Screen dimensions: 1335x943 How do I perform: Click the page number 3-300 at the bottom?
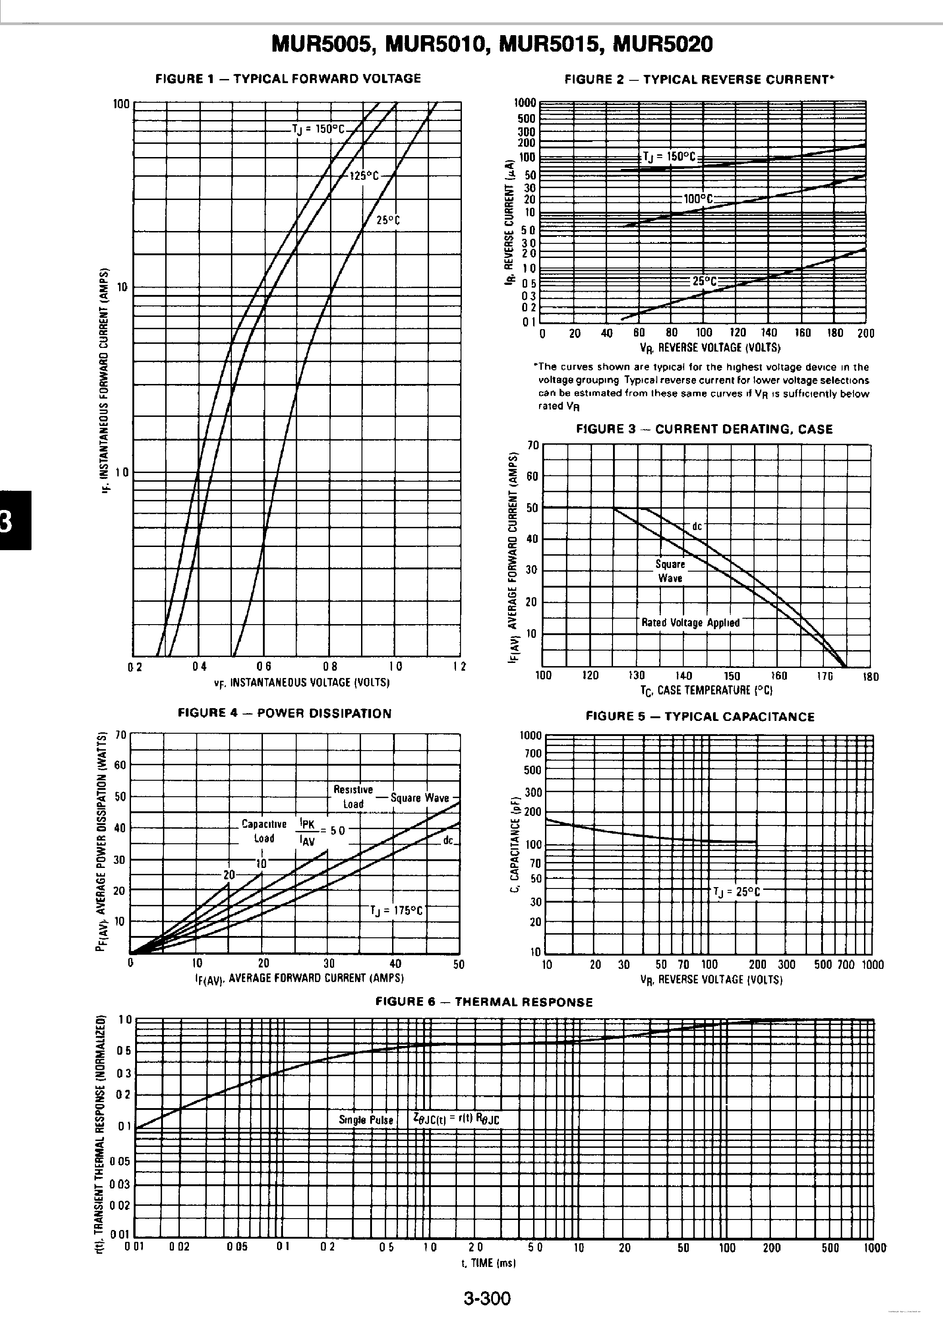(x=487, y=1298)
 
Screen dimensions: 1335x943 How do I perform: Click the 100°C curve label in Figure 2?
(x=697, y=200)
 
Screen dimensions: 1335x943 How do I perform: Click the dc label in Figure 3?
(x=697, y=526)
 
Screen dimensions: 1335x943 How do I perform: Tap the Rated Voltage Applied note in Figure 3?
(x=690, y=623)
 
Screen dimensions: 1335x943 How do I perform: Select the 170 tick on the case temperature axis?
(x=824, y=676)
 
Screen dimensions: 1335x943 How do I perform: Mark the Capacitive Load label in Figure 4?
(x=264, y=831)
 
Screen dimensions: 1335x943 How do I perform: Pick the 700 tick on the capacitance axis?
(x=533, y=753)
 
